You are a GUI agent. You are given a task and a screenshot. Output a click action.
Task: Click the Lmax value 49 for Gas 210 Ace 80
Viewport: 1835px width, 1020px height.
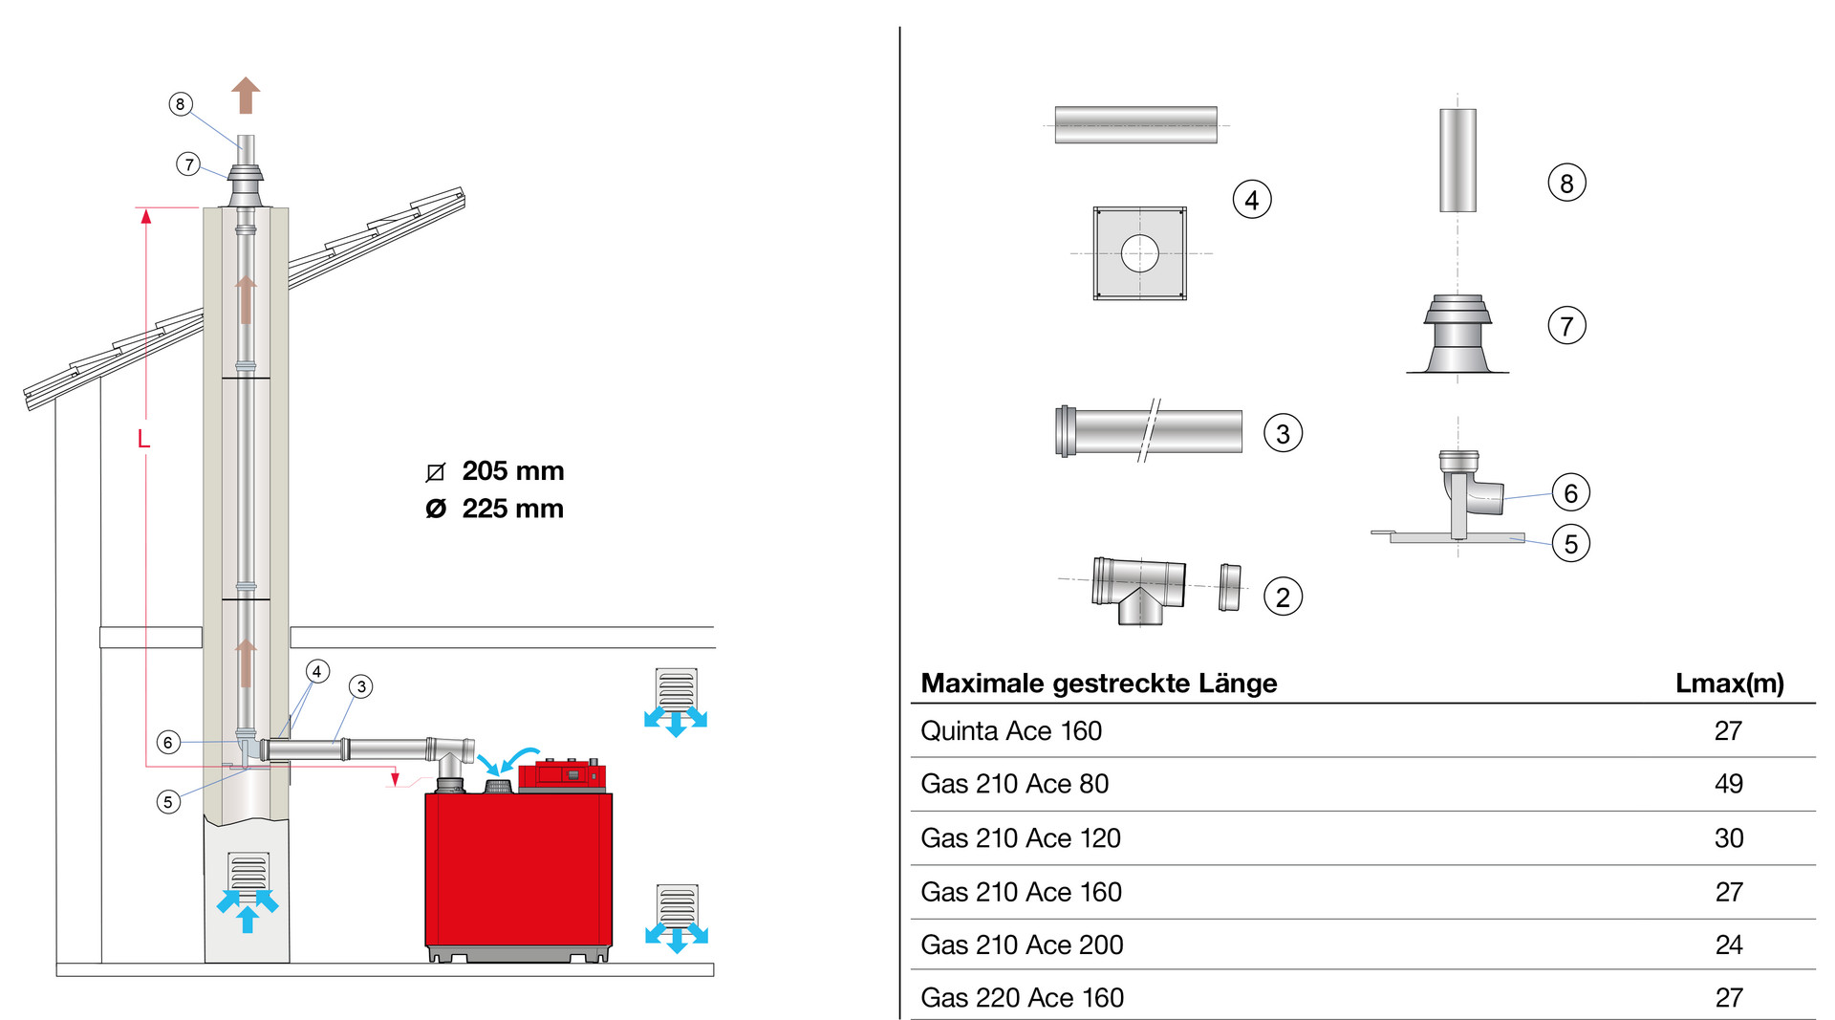click(x=1728, y=784)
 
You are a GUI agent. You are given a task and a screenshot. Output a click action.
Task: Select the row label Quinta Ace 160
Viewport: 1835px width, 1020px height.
click(x=1010, y=731)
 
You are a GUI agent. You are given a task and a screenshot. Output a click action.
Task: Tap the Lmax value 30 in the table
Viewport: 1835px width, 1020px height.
click(x=1728, y=838)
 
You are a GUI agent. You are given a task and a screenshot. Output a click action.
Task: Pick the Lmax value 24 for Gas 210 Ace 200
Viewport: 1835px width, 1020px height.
click(x=1728, y=945)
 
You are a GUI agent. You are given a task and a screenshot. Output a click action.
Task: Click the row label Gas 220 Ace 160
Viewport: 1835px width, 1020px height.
click(x=1022, y=998)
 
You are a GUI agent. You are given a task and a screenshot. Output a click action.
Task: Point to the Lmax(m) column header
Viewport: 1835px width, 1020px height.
click(x=1729, y=684)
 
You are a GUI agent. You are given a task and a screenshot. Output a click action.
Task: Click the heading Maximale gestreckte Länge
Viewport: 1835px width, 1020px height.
click(x=1098, y=684)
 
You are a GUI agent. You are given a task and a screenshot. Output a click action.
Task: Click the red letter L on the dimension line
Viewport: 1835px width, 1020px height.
click(x=143, y=439)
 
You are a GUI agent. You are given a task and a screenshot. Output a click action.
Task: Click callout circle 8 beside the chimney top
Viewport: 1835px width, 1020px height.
click(x=180, y=104)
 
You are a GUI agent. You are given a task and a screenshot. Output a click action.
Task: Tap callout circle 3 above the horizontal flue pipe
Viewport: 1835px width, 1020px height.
click(x=360, y=686)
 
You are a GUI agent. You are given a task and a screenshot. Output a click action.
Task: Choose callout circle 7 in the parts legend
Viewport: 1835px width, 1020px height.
click(x=1566, y=326)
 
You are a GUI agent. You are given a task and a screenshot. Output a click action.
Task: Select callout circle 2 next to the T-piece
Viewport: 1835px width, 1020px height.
click(x=1283, y=597)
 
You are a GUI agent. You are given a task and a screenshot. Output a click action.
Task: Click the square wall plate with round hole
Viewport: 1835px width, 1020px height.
click(x=1139, y=253)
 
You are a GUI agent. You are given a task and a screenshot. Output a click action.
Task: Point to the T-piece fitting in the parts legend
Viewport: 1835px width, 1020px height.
click(x=1138, y=590)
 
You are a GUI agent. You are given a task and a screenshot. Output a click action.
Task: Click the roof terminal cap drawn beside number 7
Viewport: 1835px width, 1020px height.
click(x=1457, y=334)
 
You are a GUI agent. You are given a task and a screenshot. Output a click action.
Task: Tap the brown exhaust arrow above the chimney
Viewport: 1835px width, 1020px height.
click(x=246, y=96)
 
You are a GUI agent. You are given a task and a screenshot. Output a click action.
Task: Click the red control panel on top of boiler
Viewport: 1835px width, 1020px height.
click(x=562, y=774)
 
